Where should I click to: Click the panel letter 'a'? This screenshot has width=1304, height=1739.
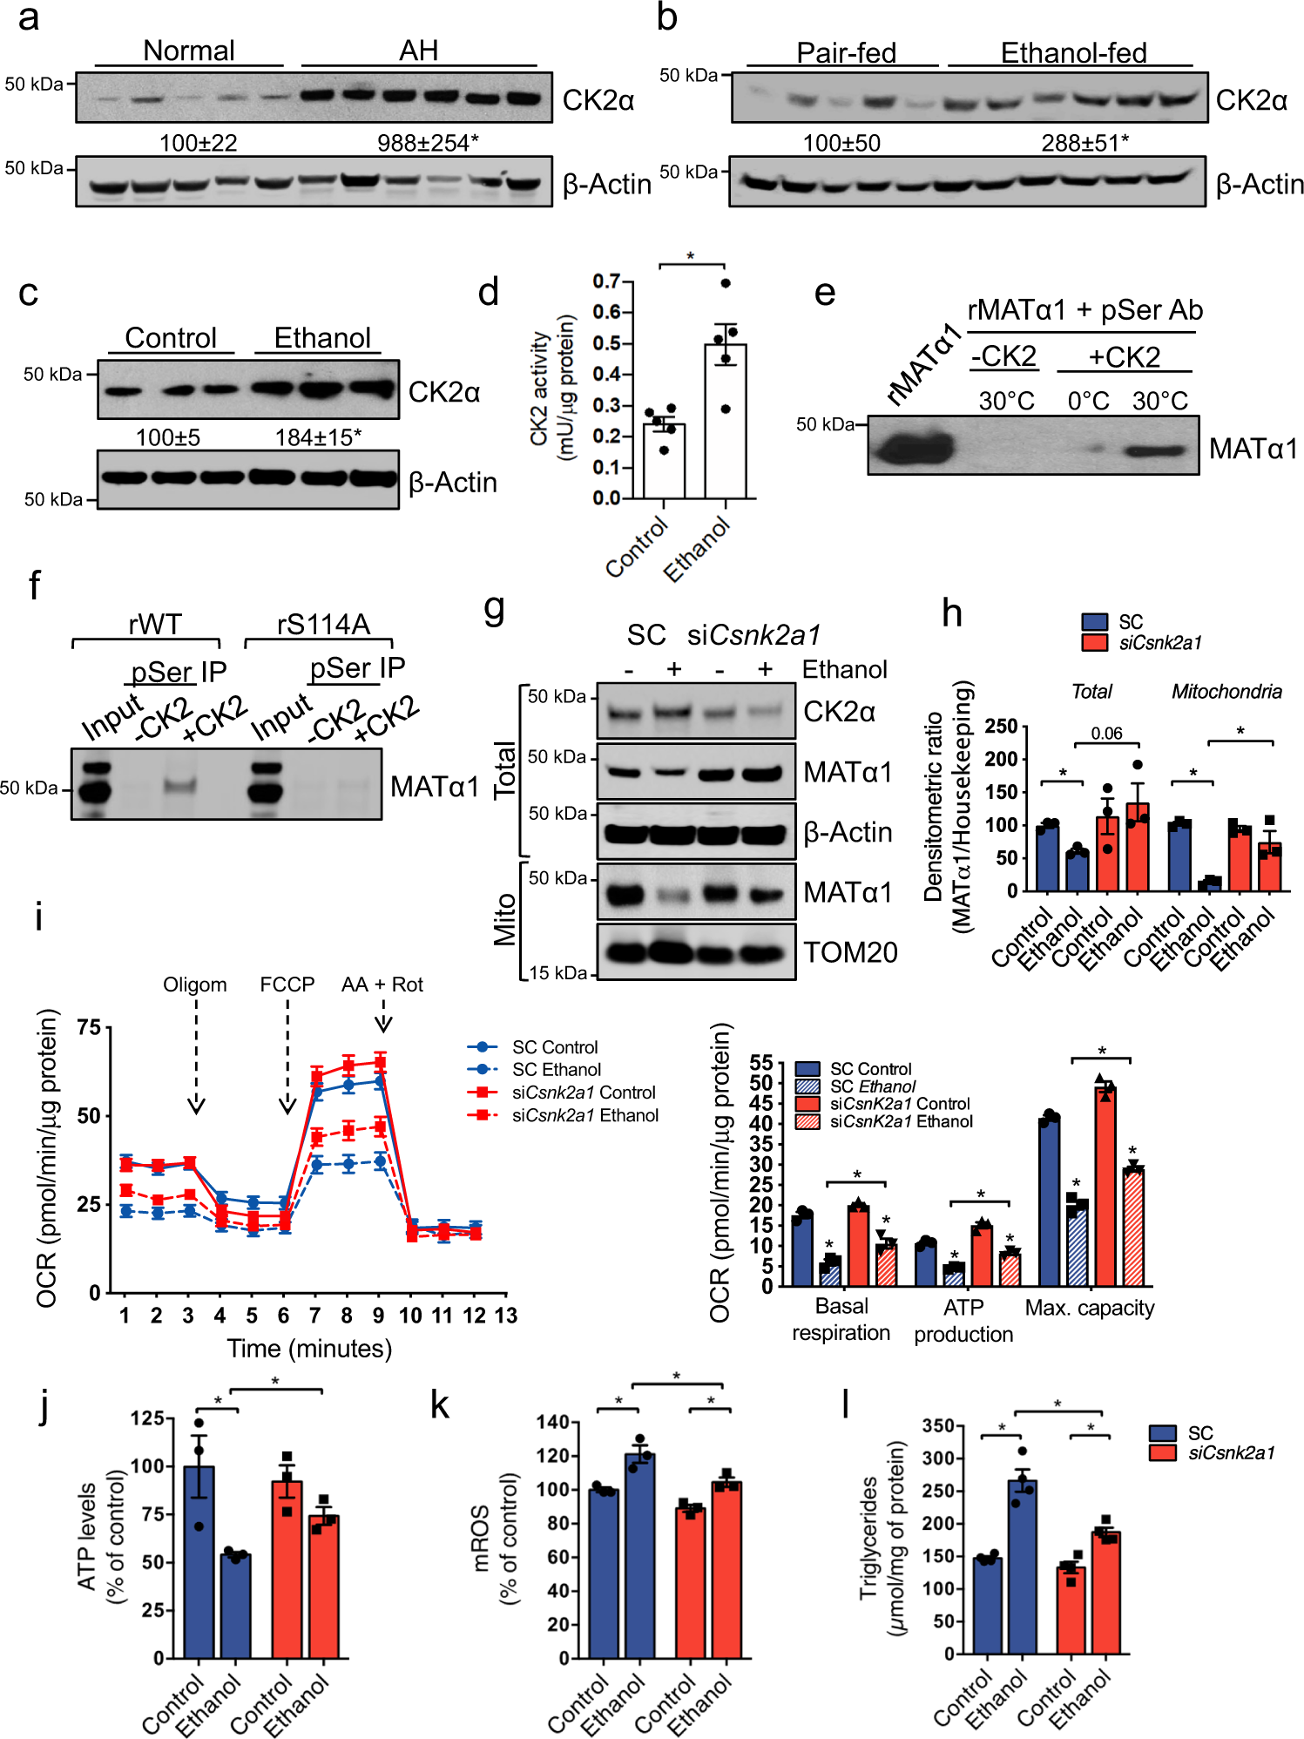point(28,17)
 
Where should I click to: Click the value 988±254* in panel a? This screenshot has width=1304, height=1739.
point(428,143)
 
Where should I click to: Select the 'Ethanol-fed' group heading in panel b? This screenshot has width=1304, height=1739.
point(1072,53)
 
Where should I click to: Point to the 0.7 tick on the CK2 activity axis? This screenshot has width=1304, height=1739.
point(606,281)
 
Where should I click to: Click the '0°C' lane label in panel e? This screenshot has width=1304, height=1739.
point(1088,401)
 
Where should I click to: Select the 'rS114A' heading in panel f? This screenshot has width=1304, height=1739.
point(323,624)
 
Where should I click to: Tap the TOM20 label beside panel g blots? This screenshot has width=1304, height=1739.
point(849,952)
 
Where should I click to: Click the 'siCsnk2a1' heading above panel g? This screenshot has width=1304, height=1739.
point(753,635)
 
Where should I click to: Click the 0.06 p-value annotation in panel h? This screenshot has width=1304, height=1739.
point(1106,734)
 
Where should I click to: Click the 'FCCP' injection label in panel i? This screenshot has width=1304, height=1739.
point(287,985)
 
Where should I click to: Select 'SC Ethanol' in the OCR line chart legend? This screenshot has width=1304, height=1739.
point(556,1070)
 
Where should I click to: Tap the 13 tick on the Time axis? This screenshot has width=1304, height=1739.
point(506,1316)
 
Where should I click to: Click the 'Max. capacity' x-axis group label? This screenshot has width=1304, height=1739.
point(1089,1308)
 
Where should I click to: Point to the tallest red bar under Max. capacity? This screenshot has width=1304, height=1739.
point(1105,1185)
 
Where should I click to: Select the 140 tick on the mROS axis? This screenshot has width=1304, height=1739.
point(552,1423)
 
